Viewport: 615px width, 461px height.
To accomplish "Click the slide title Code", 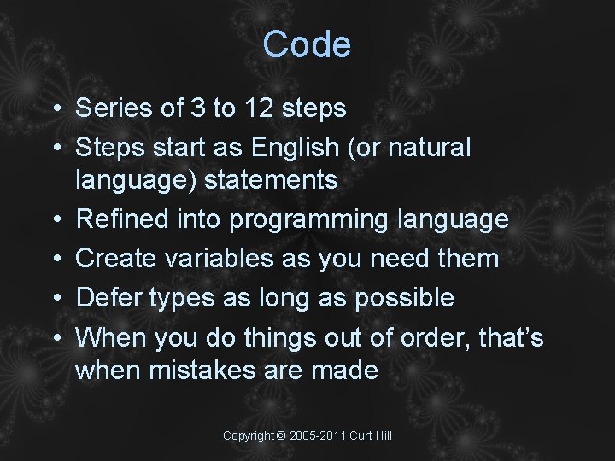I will pos(307,44).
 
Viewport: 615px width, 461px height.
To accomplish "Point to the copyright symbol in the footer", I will pos(281,436).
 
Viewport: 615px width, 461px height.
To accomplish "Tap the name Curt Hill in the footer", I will pos(372,436).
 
